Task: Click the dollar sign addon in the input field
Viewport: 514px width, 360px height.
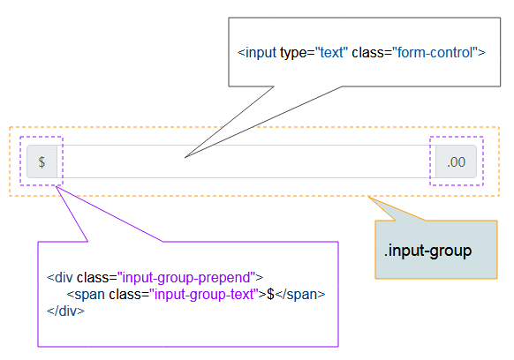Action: coord(42,161)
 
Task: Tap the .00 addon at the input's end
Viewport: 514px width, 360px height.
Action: coord(456,161)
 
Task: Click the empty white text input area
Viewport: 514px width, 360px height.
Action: coord(246,161)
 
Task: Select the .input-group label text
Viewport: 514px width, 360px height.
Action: coord(427,251)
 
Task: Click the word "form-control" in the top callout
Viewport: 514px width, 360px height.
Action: coord(435,52)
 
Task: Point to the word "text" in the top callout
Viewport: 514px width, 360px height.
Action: coord(331,52)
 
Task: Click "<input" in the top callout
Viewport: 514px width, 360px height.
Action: coord(257,52)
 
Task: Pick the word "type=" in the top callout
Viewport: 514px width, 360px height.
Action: coord(298,53)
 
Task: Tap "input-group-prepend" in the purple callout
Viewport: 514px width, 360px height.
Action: coord(186,278)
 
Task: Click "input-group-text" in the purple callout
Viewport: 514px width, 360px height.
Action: coord(204,295)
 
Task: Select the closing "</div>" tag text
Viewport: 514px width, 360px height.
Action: coord(65,311)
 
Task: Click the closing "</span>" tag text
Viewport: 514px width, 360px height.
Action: coord(300,295)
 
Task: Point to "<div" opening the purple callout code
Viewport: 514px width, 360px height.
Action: coord(60,278)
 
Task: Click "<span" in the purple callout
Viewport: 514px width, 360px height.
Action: coord(86,295)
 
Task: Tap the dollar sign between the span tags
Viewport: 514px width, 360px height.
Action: coord(270,294)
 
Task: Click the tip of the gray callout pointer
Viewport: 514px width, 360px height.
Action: coord(185,158)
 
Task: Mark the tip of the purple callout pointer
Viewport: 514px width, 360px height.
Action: coord(56,186)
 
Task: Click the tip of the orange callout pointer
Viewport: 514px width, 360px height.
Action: coord(368,197)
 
